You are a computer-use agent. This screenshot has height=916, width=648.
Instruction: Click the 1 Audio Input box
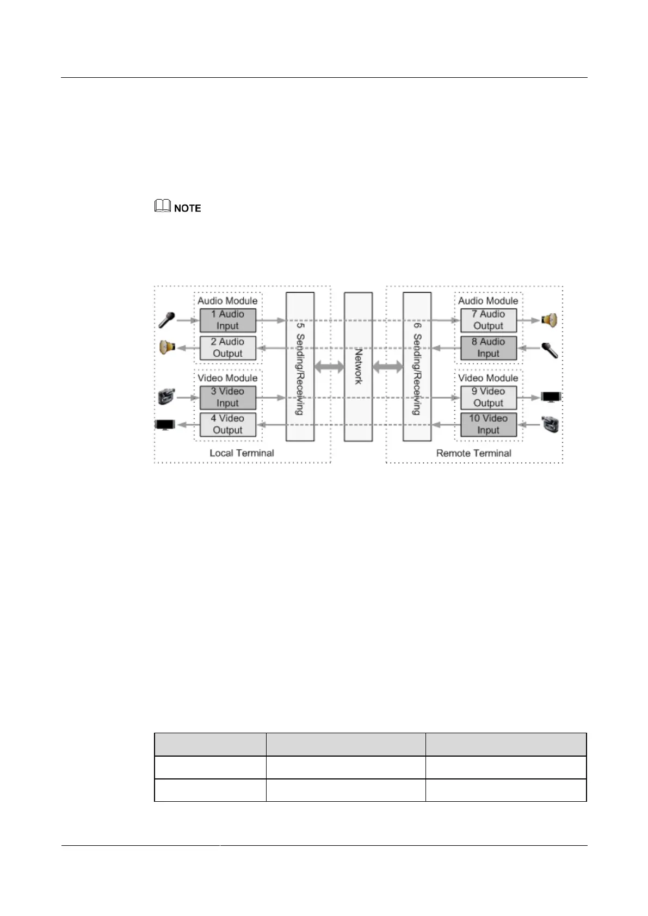(227, 320)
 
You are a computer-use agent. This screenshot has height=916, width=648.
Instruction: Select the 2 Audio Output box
(227, 348)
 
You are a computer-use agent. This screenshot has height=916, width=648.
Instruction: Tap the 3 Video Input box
(227, 398)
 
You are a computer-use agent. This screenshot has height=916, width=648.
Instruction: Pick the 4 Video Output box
(227, 425)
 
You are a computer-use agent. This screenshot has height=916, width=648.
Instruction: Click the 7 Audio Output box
(488, 320)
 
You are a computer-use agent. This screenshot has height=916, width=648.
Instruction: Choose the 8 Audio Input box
(488, 348)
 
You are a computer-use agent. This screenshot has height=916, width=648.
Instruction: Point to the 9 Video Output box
(488, 398)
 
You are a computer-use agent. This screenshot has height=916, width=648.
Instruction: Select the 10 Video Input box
(488, 425)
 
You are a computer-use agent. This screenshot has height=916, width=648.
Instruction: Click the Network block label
(358, 367)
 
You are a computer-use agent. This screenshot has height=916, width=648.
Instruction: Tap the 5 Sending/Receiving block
(300, 367)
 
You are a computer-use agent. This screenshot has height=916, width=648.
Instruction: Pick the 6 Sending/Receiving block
(417, 367)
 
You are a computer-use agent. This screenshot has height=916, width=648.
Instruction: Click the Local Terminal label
(242, 453)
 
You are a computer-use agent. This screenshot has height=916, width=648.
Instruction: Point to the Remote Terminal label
(473, 453)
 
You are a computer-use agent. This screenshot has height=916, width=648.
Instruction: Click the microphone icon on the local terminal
(166, 320)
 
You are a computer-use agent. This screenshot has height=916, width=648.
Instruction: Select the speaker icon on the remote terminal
(549, 320)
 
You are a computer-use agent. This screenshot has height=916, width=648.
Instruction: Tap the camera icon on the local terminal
(166, 397)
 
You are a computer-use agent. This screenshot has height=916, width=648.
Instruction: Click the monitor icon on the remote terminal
(551, 397)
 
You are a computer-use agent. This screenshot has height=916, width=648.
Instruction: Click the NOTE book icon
(163, 207)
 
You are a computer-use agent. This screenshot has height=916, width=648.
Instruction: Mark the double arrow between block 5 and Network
(329, 367)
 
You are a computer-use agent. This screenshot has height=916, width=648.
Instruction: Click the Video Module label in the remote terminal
(488, 378)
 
